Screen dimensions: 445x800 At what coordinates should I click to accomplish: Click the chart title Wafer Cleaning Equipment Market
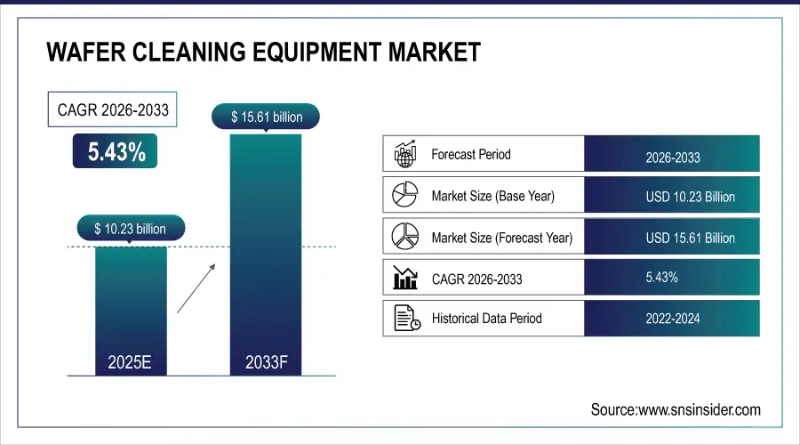pos(263,52)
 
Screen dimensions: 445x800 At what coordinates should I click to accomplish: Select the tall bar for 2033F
pos(266,249)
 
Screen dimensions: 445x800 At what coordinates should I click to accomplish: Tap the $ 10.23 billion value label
pos(131,229)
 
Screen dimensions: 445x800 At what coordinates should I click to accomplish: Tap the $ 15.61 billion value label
pos(266,117)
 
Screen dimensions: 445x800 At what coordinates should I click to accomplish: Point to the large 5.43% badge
pos(116,151)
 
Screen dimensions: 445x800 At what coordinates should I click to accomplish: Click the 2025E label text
pos(131,362)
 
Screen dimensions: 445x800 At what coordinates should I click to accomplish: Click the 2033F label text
pos(266,362)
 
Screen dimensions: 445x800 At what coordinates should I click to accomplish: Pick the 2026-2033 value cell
pos(672,158)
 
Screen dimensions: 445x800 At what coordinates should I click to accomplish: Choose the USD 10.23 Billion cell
pos(672,197)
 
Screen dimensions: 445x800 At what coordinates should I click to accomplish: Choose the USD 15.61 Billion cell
pos(672,238)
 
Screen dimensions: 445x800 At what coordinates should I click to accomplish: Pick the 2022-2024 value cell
pos(672,319)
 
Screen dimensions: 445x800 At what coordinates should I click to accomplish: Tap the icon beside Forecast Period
pos(405,154)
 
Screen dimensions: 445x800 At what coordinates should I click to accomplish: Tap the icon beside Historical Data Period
pos(405,318)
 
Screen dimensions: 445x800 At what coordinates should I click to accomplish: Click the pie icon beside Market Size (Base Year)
pos(405,195)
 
